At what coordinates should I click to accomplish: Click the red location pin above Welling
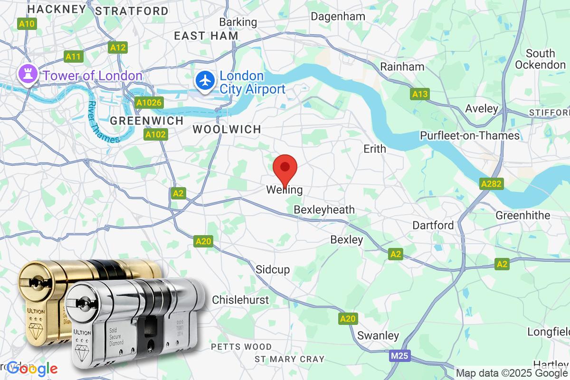[x=285, y=168]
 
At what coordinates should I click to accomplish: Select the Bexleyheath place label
[x=324, y=209]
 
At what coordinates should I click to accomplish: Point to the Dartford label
[x=433, y=225]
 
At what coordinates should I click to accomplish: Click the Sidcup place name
[x=273, y=269]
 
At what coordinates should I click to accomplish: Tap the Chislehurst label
[x=240, y=300]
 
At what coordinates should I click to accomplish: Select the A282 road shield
[x=491, y=184]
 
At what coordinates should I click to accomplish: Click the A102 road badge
[x=155, y=134]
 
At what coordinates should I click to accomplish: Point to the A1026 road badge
[x=149, y=102]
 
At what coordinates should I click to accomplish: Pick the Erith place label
[x=375, y=149]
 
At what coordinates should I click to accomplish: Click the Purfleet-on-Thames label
[x=470, y=135]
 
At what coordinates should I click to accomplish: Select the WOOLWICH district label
[x=227, y=129]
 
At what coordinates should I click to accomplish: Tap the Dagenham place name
[x=338, y=16]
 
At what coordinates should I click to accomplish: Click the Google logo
[x=32, y=369]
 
